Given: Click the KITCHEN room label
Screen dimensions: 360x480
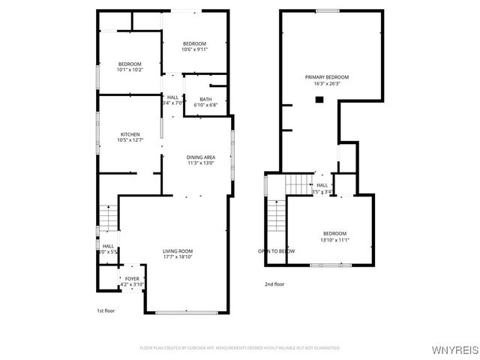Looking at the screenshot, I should pos(130,133).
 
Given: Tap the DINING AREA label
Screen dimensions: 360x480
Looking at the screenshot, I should pos(201,157).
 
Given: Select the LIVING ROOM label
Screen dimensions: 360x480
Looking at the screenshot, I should pos(178,250).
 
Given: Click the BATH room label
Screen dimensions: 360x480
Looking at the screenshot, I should pos(205,99).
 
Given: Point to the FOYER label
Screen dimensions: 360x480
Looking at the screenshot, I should pos(132,278).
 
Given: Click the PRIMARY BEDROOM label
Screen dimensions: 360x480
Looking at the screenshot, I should pos(326,77).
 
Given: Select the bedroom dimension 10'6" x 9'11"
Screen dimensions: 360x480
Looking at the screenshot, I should pos(194,49).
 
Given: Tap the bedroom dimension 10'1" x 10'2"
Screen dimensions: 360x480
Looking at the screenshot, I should pos(130,70).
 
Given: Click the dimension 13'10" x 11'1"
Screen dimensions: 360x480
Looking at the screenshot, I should pos(335,239).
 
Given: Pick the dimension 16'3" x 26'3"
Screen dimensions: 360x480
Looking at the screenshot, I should pos(326,84).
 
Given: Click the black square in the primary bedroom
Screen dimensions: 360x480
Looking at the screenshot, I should pos(319,99).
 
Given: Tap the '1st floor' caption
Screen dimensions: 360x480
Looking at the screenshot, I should pos(106,310).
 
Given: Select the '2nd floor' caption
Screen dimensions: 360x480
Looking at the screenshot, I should pos(274,284).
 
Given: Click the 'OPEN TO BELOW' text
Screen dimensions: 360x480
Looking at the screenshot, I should pos(276,251).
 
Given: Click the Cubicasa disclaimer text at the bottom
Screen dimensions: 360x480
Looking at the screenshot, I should pos(240,348).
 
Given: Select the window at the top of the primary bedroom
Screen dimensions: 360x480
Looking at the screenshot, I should pos(326,10).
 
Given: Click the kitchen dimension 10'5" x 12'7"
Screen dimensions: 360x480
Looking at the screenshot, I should pos(130,140).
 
